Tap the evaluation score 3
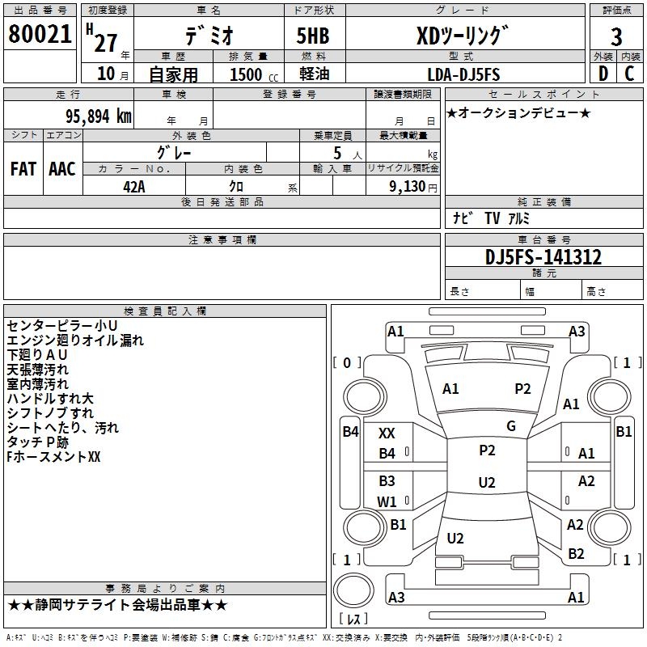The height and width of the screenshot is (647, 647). click(x=616, y=37)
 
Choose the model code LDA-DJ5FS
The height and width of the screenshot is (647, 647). click(x=463, y=74)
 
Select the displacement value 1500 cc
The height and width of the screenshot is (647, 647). click(x=250, y=75)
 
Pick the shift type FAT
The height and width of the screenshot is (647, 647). click(x=23, y=168)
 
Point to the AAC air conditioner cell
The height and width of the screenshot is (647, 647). click(x=61, y=168)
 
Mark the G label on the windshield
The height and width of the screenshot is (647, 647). click(x=510, y=426)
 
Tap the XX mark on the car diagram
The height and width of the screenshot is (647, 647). click(x=387, y=434)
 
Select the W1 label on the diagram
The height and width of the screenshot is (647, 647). click(x=387, y=501)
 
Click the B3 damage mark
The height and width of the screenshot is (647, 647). click(x=387, y=481)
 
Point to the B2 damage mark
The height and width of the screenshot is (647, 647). click(x=576, y=554)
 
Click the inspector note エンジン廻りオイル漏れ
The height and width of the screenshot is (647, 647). click(x=74, y=340)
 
